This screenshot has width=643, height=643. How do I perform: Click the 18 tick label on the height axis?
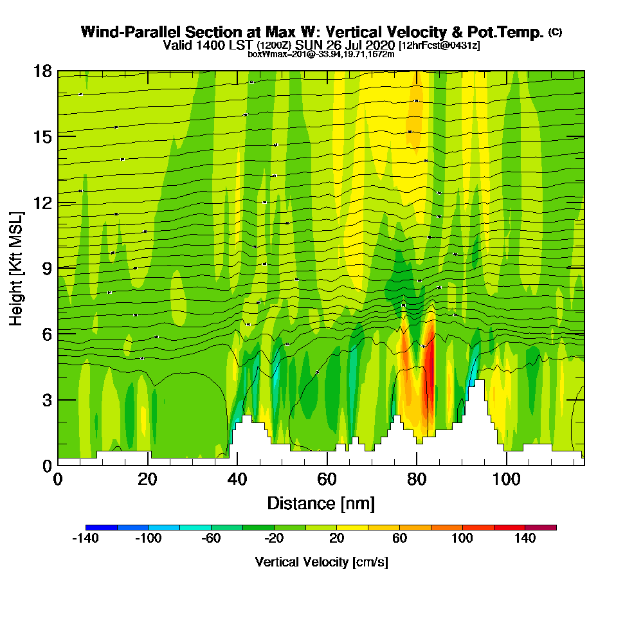(x=42, y=71)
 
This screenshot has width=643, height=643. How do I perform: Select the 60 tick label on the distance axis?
(x=327, y=479)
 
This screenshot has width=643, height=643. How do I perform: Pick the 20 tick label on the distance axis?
(x=147, y=479)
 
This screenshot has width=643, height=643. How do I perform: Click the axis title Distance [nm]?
(x=321, y=503)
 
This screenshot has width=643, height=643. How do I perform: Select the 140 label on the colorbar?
(x=525, y=539)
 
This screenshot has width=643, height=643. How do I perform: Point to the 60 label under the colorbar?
(x=400, y=539)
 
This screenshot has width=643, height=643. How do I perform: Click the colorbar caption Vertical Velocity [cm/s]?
(x=321, y=562)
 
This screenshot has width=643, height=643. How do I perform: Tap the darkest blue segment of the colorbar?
(x=101, y=527)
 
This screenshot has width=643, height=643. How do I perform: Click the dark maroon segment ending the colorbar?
(x=541, y=527)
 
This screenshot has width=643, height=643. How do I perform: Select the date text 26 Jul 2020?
(x=364, y=46)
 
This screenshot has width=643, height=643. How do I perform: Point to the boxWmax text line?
(x=321, y=54)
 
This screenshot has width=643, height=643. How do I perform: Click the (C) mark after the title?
(x=556, y=32)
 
